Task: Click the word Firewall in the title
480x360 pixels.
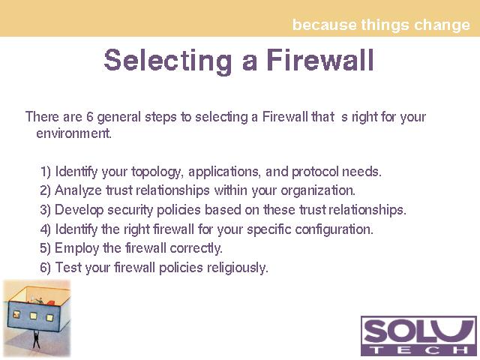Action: tap(320, 60)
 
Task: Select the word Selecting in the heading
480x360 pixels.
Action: tap(168, 61)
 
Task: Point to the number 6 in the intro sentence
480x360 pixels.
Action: tap(90, 117)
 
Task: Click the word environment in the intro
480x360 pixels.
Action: tap(73, 133)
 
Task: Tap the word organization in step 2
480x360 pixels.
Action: tap(318, 191)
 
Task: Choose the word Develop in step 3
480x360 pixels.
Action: tap(79, 211)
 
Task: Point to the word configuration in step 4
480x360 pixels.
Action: tap(334, 230)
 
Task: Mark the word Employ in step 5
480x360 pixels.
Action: tap(76, 249)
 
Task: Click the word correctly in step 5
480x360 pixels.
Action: tap(196, 248)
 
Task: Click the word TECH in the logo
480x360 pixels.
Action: tap(419, 349)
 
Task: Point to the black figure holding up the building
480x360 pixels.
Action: tap(36, 339)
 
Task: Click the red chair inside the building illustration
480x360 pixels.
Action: tap(51, 303)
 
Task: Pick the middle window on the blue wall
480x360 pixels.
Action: tap(33, 316)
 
